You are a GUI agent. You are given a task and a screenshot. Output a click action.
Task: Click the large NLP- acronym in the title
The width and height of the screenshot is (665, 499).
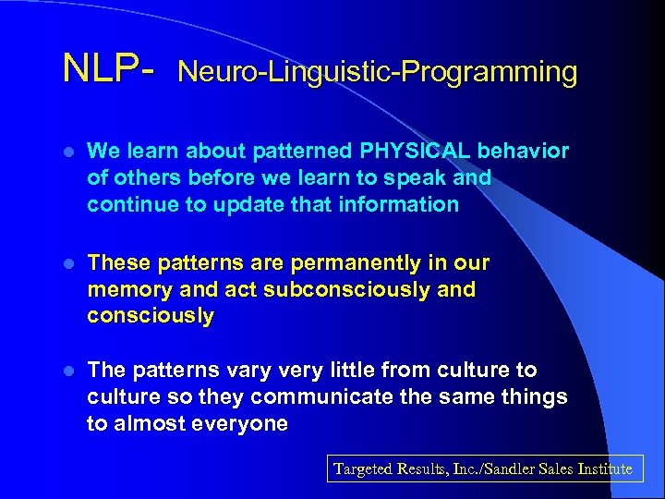click(x=109, y=69)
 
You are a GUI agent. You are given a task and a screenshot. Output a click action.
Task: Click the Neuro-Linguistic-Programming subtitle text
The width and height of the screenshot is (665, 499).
click(x=377, y=72)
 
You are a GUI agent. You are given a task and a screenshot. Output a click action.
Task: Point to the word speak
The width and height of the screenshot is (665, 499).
click(x=422, y=177)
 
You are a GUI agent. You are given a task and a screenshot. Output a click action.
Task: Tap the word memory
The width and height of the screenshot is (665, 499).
click(x=123, y=290)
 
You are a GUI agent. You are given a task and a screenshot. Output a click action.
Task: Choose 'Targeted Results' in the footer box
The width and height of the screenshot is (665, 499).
click(x=389, y=469)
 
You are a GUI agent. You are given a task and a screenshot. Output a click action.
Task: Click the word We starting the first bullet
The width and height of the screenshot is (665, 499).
click(x=101, y=151)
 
